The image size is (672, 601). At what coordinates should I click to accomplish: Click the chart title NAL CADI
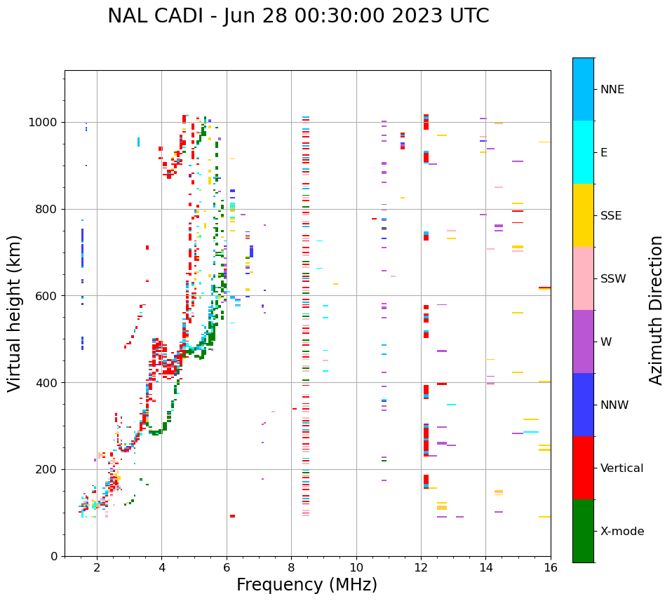[x=298, y=16]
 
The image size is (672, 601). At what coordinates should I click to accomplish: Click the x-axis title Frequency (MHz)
[x=307, y=585]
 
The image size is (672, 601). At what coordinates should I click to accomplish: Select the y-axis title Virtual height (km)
[x=15, y=313]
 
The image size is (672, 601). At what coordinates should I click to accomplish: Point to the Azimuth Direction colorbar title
[x=656, y=310]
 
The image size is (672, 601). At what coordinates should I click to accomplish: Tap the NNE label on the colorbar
[x=612, y=90]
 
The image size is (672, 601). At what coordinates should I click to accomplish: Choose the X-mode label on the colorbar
[x=621, y=532]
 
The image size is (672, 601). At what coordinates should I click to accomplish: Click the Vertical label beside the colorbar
[x=621, y=468]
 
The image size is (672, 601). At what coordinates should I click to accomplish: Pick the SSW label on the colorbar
[x=613, y=279]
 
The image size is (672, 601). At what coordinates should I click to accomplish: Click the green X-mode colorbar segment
[x=583, y=531]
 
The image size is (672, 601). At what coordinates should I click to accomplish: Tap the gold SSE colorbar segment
[x=583, y=215]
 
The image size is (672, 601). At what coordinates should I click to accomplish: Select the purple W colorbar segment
[x=583, y=342]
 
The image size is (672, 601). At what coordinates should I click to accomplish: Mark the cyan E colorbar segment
[x=583, y=152]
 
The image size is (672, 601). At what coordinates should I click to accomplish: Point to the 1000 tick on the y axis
[x=46, y=122]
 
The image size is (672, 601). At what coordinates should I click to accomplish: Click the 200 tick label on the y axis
[x=49, y=469]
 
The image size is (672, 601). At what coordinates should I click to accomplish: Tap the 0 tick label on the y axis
[x=55, y=556]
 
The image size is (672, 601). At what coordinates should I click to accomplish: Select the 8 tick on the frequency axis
[x=291, y=567]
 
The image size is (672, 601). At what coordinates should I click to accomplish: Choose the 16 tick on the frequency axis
[x=551, y=567]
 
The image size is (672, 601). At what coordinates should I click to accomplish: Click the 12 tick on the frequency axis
[x=421, y=567]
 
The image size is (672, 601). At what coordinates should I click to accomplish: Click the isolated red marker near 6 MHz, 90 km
[x=232, y=516]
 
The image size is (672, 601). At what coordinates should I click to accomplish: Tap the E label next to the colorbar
[x=604, y=153]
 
